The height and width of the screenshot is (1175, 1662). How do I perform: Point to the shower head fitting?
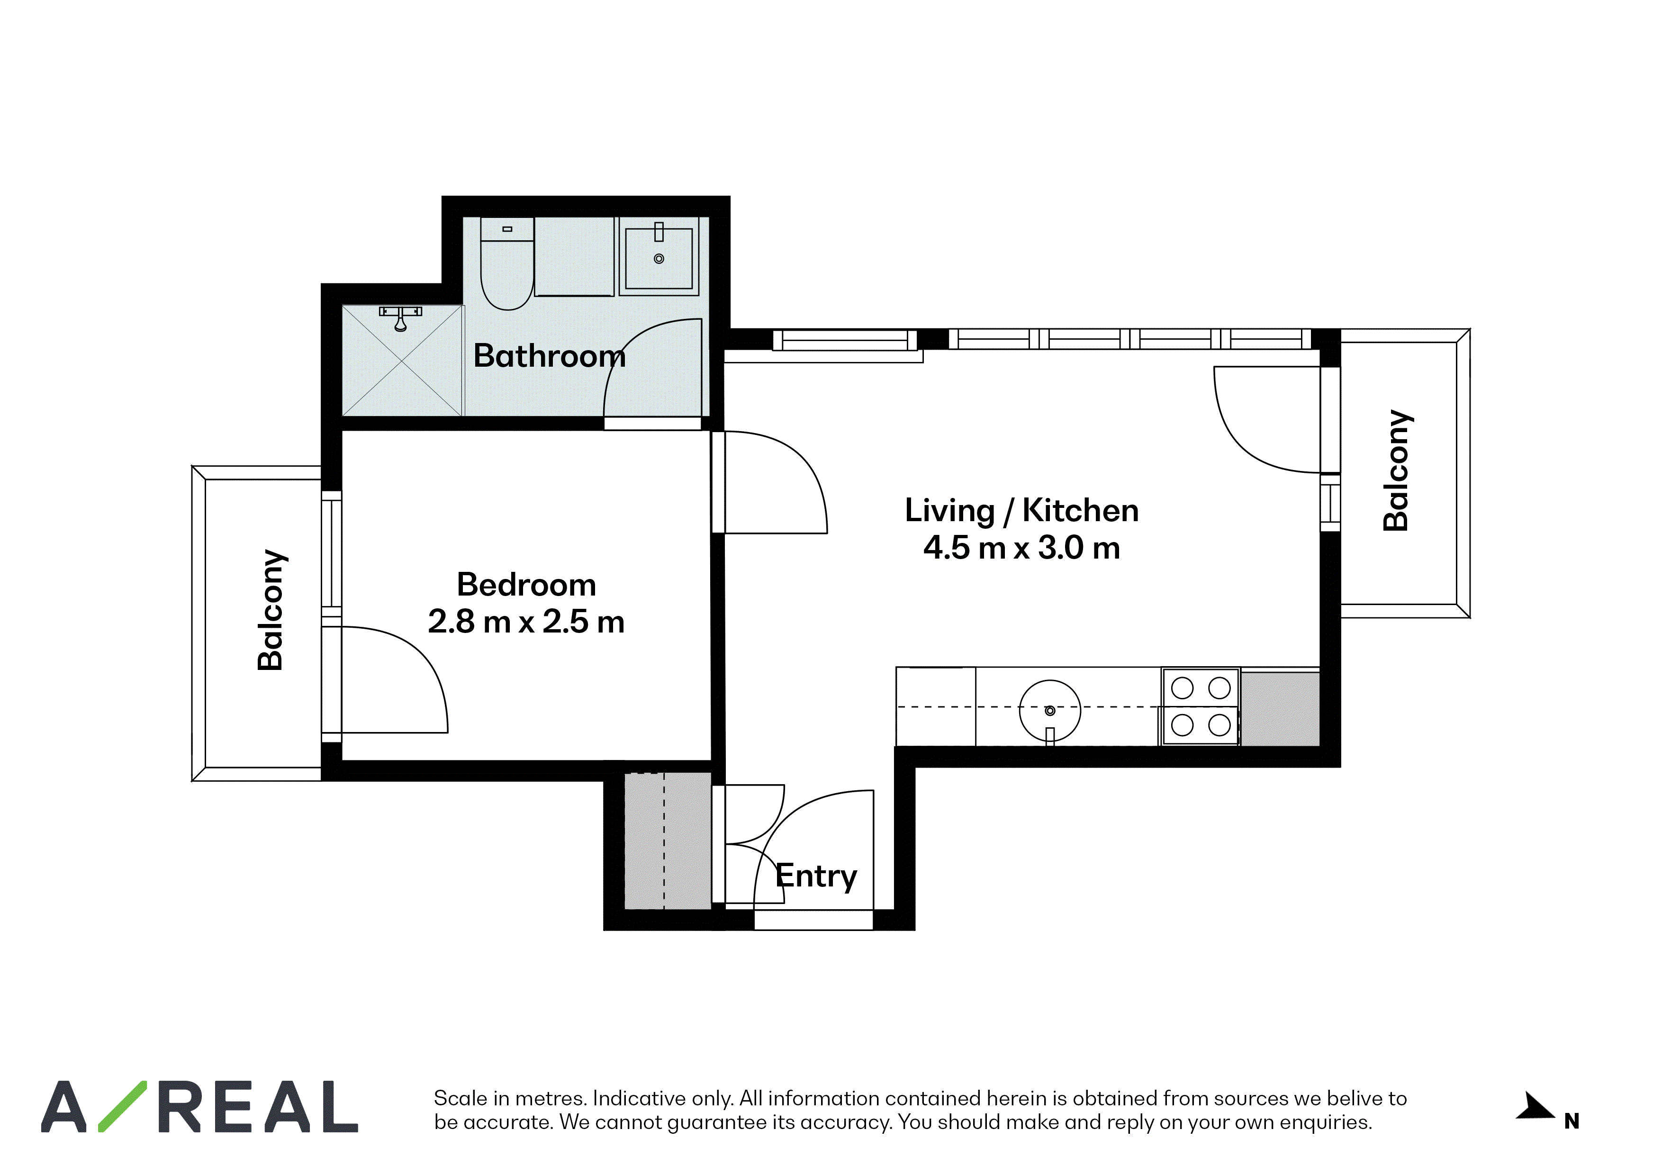tap(400, 317)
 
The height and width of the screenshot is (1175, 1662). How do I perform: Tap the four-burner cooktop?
tap(1201, 706)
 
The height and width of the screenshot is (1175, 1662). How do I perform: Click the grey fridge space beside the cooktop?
tap(1280, 709)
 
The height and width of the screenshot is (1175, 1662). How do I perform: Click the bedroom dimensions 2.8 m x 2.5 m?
tap(526, 621)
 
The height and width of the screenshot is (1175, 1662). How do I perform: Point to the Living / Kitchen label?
tap(1021, 510)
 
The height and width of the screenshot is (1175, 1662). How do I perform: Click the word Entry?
tap(816, 877)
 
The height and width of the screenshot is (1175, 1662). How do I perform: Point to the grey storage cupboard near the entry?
tap(668, 841)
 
